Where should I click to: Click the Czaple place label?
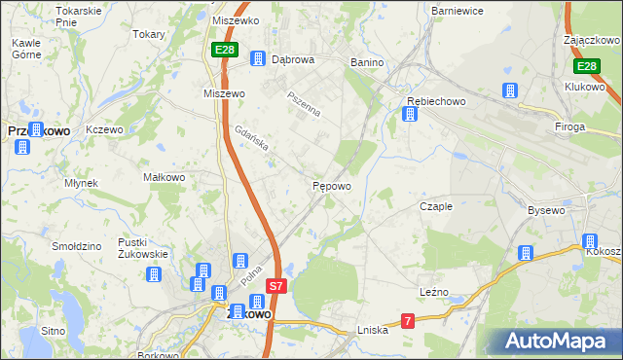coord(435,206)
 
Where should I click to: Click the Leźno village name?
coord(434,291)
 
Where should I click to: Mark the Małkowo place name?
coord(164,177)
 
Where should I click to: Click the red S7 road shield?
coord(276,286)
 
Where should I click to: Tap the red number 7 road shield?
coord(408,320)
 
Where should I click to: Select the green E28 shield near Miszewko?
coord(225,49)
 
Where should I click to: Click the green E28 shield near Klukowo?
coord(585,66)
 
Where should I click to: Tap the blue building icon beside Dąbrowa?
coord(257,59)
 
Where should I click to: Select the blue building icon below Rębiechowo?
coord(410,115)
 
